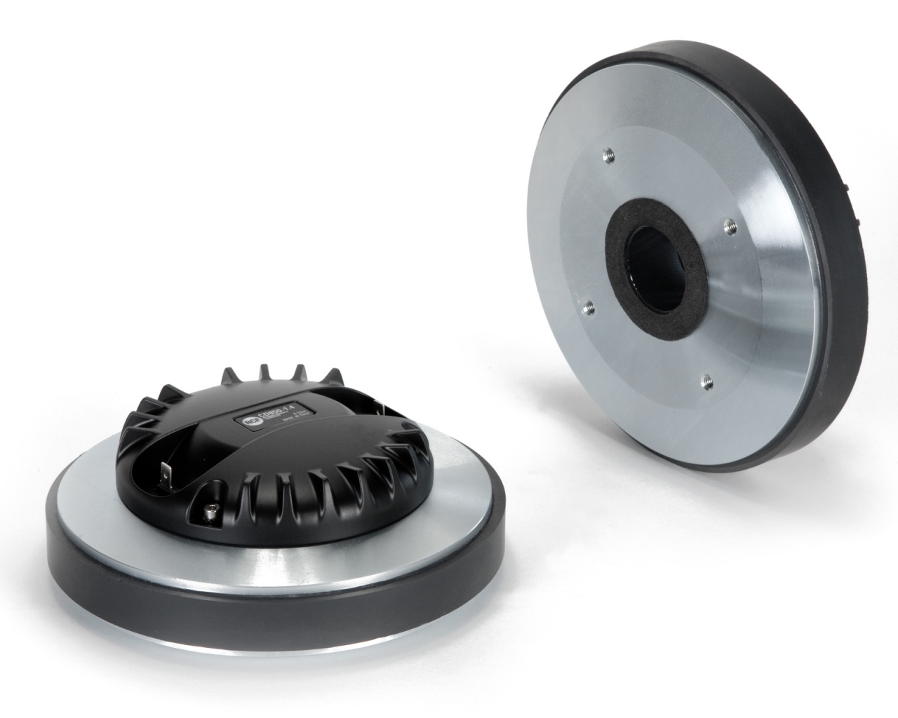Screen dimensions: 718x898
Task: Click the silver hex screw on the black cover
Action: click(210, 517)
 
